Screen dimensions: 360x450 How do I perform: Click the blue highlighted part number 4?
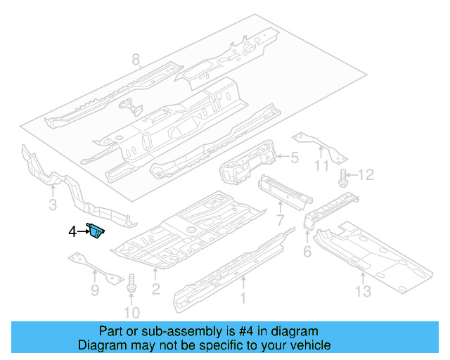tap(95, 231)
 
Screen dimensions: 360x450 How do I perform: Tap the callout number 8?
tap(136, 60)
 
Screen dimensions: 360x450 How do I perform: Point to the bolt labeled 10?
tap(131, 285)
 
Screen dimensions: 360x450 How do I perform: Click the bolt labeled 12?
tap(344, 176)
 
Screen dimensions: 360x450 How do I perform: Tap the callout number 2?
tap(156, 289)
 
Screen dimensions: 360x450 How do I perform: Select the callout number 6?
tap(307, 252)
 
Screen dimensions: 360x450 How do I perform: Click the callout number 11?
tap(321, 167)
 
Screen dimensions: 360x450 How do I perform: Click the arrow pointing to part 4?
tap(79, 231)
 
